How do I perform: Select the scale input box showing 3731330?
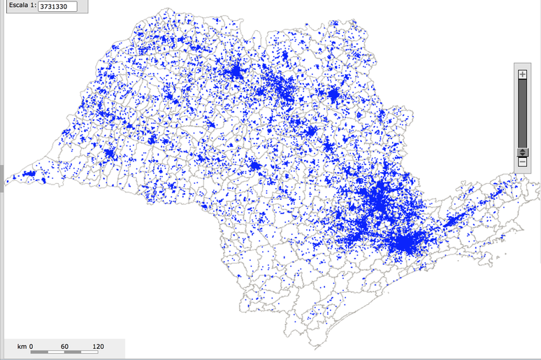(57, 7)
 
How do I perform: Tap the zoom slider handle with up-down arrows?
(522, 152)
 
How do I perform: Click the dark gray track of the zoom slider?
(522, 112)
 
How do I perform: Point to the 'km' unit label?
(22, 346)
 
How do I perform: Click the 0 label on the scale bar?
(31, 346)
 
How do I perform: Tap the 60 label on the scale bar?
(64, 346)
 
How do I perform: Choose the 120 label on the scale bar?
(98, 346)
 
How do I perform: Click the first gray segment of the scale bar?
(39, 352)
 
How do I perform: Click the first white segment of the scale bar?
(56, 352)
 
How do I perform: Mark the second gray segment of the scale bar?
(73, 352)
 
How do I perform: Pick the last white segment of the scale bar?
(89, 352)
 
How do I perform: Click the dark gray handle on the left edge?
(2, 172)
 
